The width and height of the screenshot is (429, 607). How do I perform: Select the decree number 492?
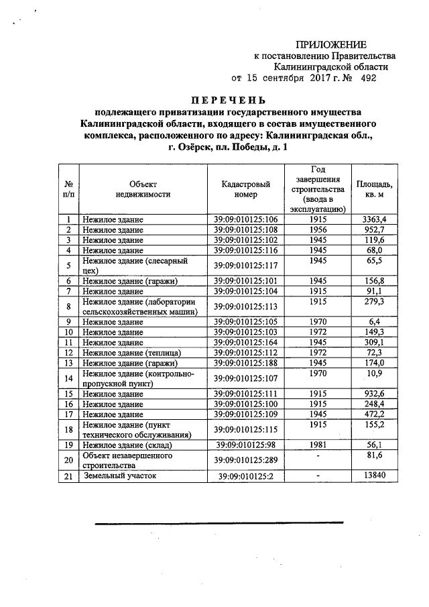(368, 78)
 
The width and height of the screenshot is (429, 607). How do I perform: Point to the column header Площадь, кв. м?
(374, 188)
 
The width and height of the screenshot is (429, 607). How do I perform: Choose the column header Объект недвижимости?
(142, 188)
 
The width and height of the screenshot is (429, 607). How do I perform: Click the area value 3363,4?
(374, 219)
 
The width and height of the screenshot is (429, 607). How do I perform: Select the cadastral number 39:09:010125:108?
(245, 229)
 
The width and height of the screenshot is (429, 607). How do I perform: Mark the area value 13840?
(374, 475)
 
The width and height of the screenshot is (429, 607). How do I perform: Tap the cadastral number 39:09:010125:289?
(245, 460)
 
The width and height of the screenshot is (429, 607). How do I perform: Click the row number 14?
(68, 378)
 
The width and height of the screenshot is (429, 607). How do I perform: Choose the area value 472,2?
(374, 414)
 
